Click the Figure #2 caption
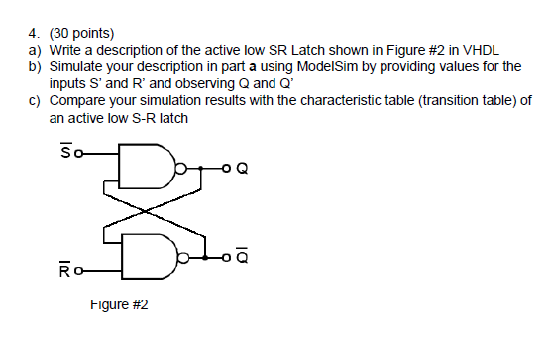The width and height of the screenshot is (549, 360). [118, 304]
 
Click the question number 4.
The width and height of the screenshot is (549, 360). [33, 33]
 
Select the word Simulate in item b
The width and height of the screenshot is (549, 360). [78, 66]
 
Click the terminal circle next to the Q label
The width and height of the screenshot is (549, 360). [226, 168]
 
